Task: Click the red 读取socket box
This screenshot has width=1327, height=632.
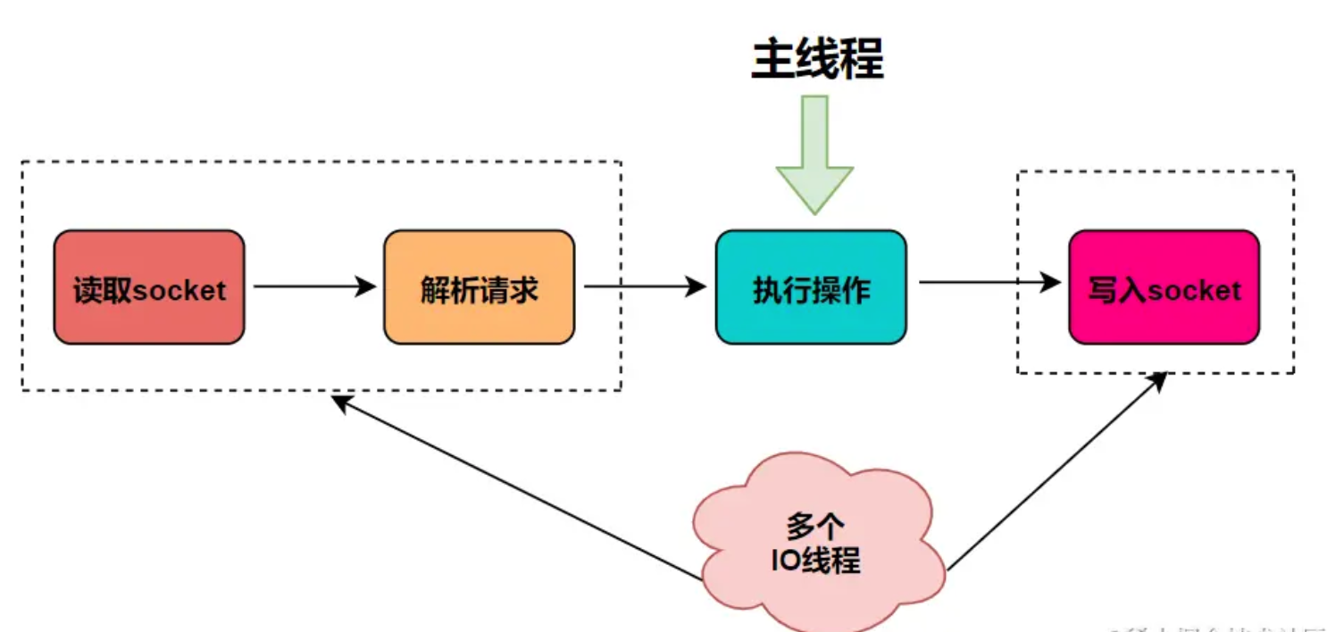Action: pyautogui.click(x=148, y=287)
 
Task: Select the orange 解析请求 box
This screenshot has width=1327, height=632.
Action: pyautogui.click(x=479, y=287)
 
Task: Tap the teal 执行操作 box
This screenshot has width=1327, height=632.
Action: pyautogui.click(x=810, y=287)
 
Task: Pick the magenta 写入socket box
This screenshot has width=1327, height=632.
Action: pyautogui.click(x=1164, y=287)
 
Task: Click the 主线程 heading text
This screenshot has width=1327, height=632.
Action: pyautogui.click(x=816, y=60)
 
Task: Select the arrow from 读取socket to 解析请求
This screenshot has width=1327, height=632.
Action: pyautogui.click(x=313, y=287)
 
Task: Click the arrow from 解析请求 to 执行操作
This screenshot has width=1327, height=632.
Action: pyautogui.click(x=643, y=287)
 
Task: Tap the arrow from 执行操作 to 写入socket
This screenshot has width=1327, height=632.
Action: pyautogui.click(x=982, y=283)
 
